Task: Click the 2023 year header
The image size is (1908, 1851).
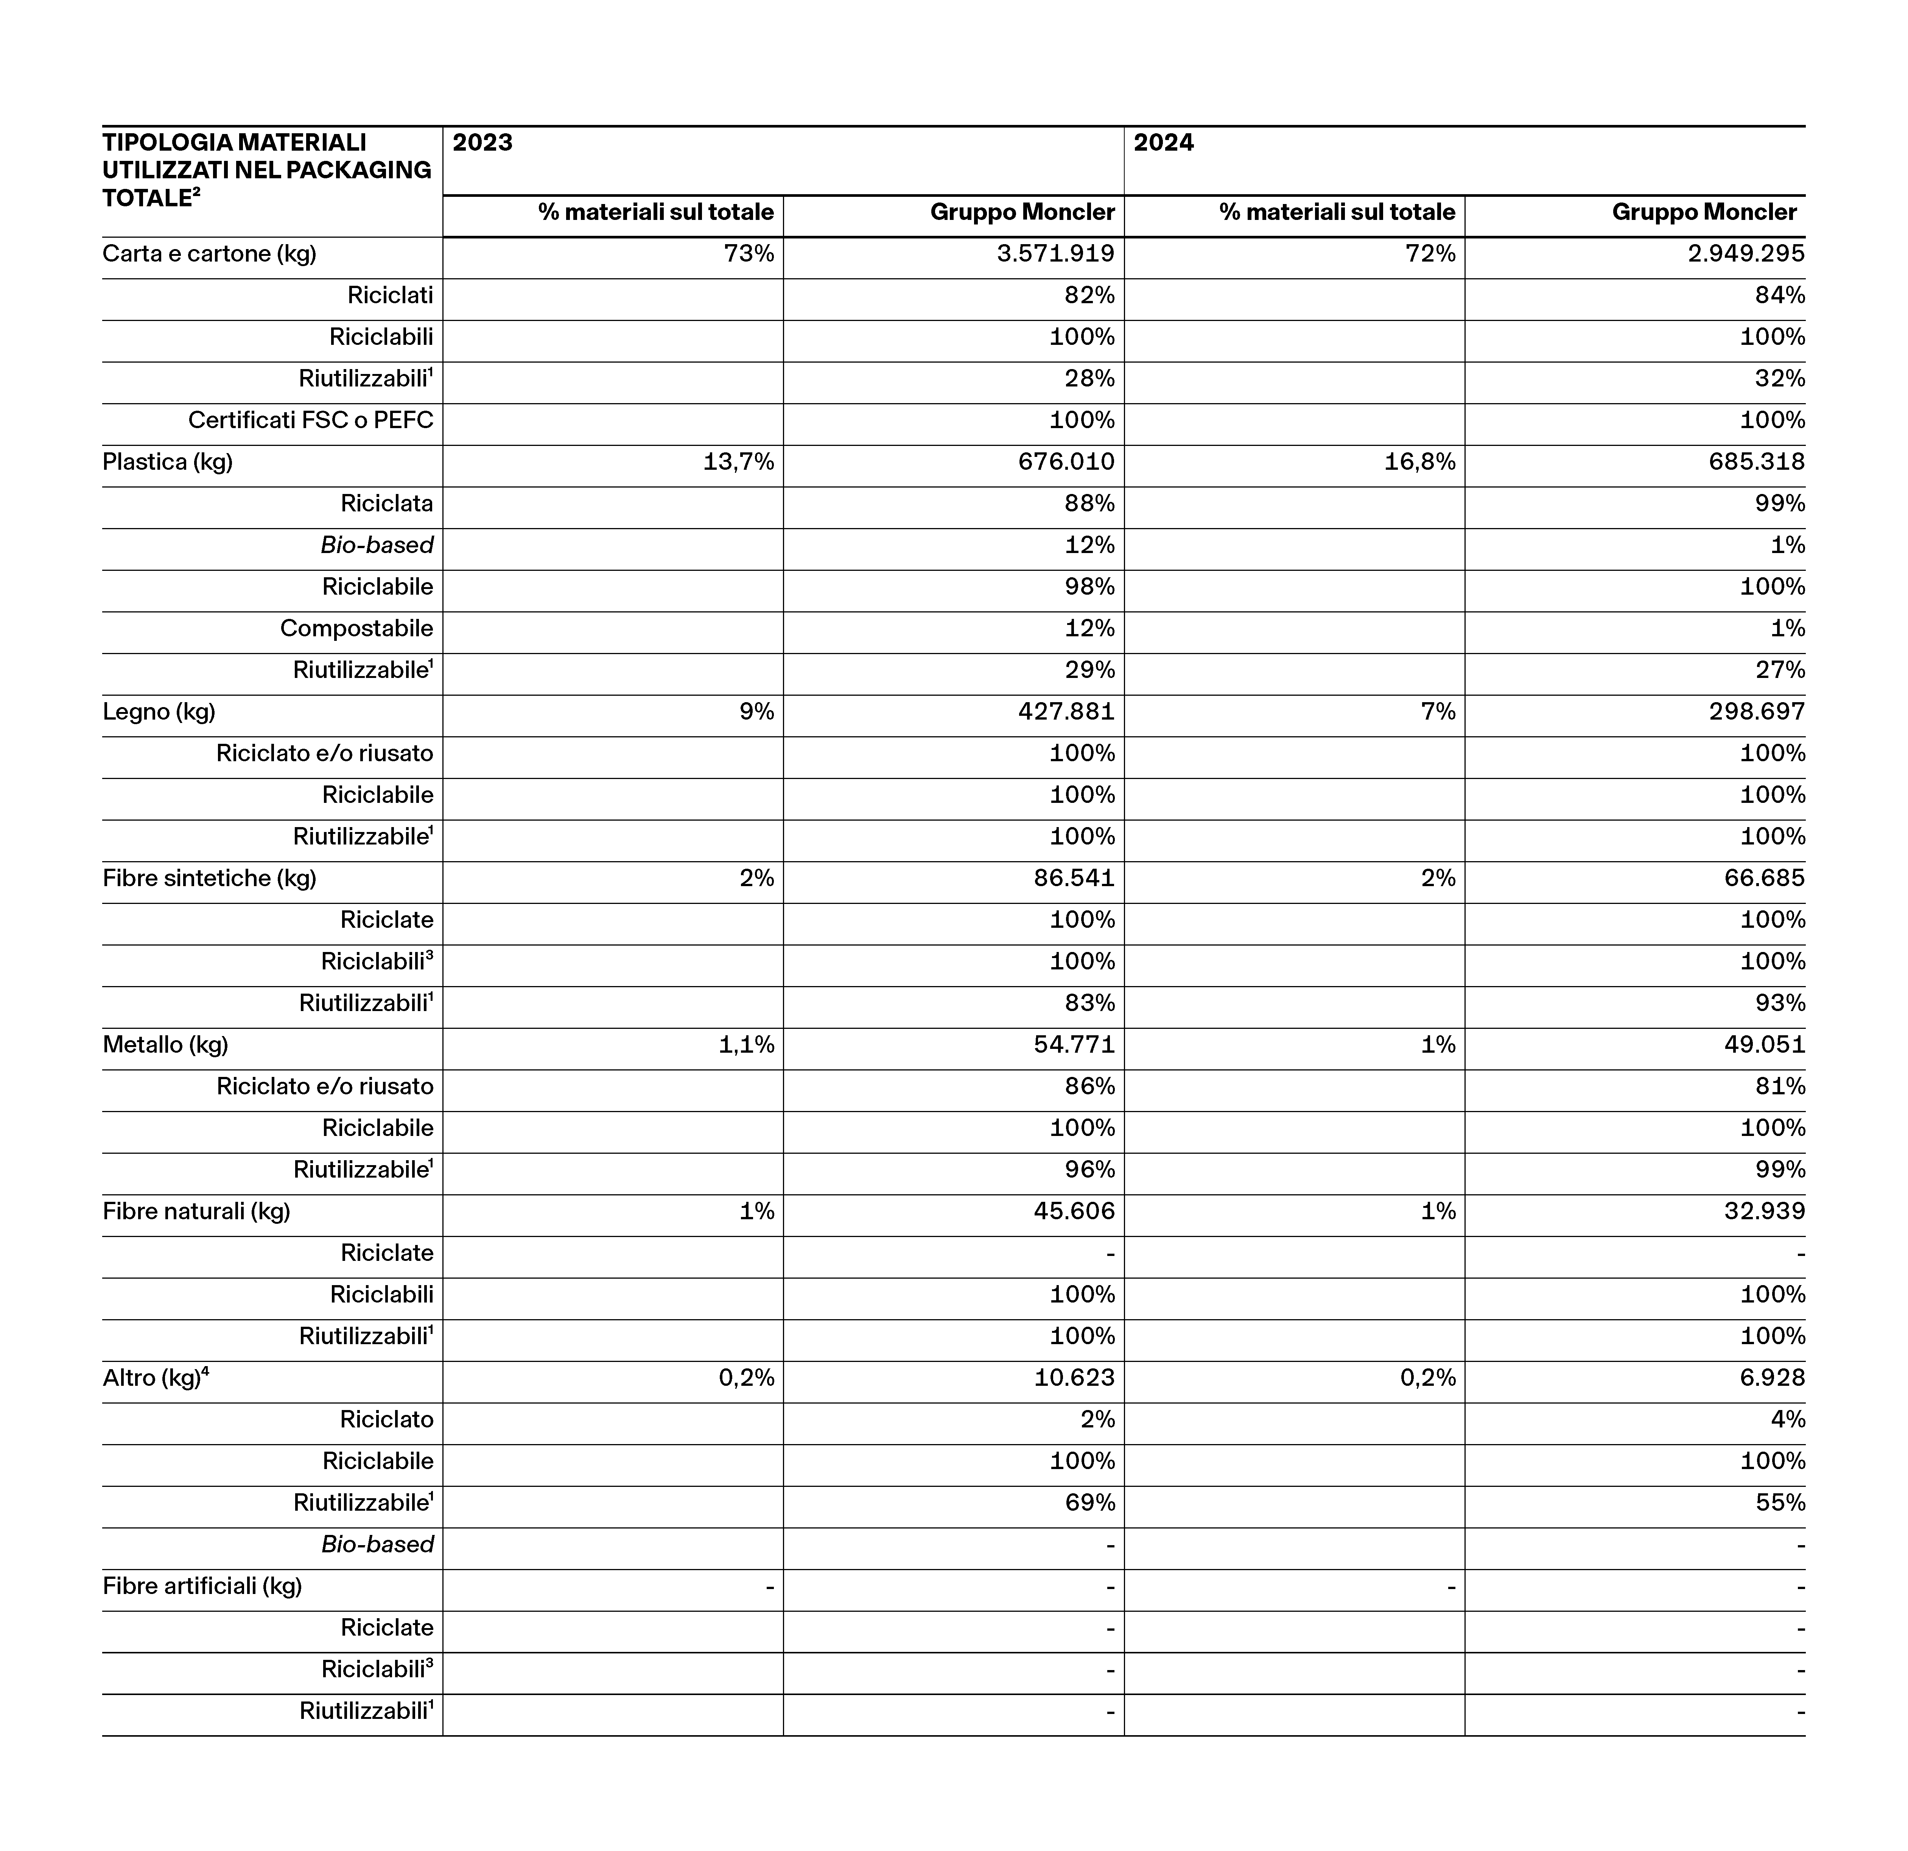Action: coord(483,143)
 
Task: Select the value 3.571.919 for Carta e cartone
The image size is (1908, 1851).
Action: coord(1055,254)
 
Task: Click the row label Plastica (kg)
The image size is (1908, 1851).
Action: coord(167,463)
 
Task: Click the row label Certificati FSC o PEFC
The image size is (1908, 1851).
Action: coord(311,421)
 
